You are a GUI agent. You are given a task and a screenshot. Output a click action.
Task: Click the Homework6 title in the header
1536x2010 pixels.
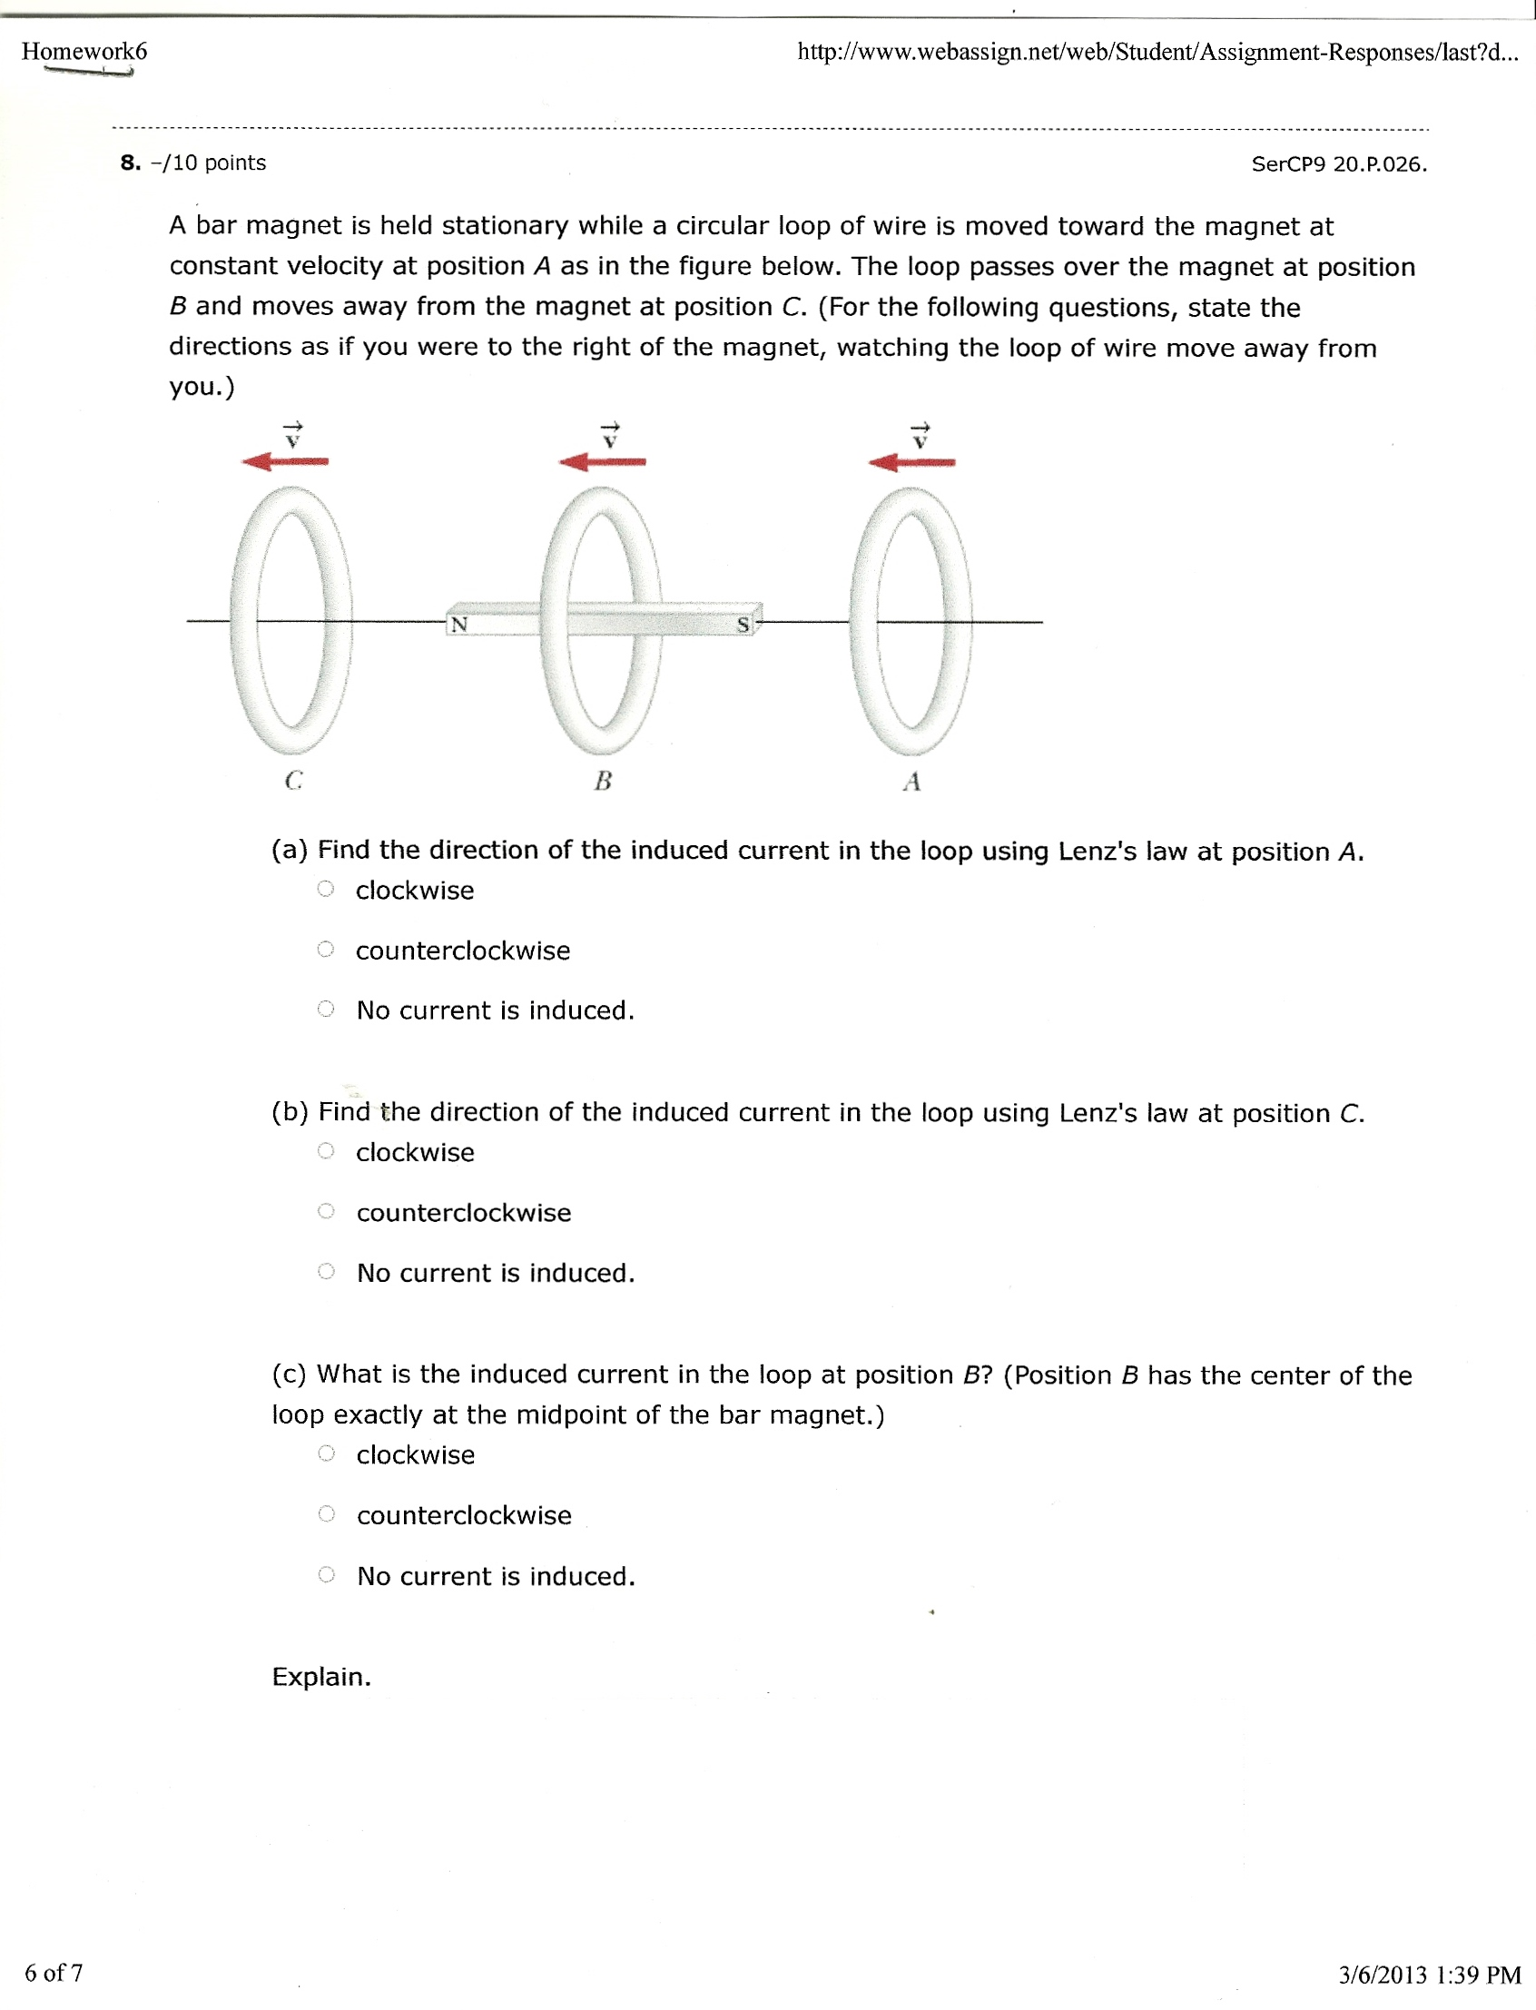pos(84,51)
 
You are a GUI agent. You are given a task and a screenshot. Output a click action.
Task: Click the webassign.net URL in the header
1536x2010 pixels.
pos(1157,52)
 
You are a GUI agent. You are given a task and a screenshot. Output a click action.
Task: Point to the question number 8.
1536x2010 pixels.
pos(130,163)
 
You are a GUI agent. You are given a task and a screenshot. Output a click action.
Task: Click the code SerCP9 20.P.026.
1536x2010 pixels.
pos(1338,164)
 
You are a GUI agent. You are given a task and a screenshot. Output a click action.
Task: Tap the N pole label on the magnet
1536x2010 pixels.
pos(459,625)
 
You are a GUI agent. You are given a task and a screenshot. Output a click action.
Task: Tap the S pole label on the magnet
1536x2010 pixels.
pos(743,626)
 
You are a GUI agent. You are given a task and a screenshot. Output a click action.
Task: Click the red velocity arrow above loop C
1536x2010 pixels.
pos(285,462)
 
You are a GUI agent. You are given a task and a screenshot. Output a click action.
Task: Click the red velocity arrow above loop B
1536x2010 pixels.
pos(603,462)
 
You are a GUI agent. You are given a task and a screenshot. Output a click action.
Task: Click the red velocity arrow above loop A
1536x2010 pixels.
pos(911,463)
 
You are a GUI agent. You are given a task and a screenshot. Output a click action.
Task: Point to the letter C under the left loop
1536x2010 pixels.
pos(292,781)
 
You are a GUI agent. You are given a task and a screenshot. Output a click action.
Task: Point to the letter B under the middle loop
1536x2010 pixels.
pos(603,781)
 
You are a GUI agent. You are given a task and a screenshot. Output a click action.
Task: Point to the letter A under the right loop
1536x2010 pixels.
pos(911,782)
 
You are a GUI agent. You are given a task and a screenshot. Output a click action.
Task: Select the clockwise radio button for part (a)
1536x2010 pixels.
pos(326,889)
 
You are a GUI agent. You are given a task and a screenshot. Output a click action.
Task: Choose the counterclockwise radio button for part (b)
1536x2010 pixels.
pos(326,1212)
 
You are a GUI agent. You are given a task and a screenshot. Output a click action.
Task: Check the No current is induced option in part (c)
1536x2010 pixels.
pos(327,1575)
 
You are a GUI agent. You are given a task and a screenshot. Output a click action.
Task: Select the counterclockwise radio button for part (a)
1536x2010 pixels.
pos(326,950)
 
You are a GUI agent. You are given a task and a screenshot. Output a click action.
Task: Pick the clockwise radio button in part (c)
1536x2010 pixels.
pos(327,1454)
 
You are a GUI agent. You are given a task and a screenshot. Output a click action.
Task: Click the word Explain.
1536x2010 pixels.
pos(321,1677)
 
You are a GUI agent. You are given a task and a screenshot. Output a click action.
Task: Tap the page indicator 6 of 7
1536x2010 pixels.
pos(53,1973)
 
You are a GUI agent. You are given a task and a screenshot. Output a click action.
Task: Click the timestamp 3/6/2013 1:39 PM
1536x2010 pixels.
pos(1429,1975)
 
